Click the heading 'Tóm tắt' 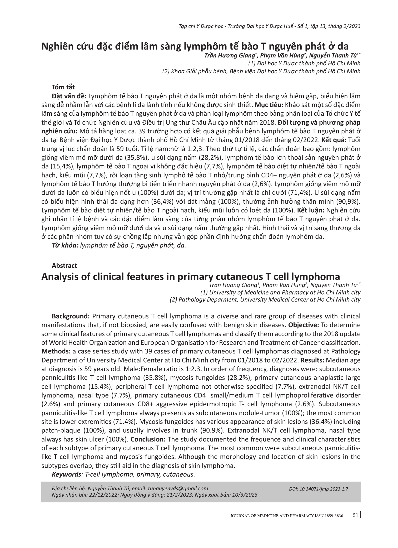click(x=63, y=87)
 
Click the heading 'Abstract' click(x=64, y=265)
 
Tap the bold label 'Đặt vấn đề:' click(x=67, y=96)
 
